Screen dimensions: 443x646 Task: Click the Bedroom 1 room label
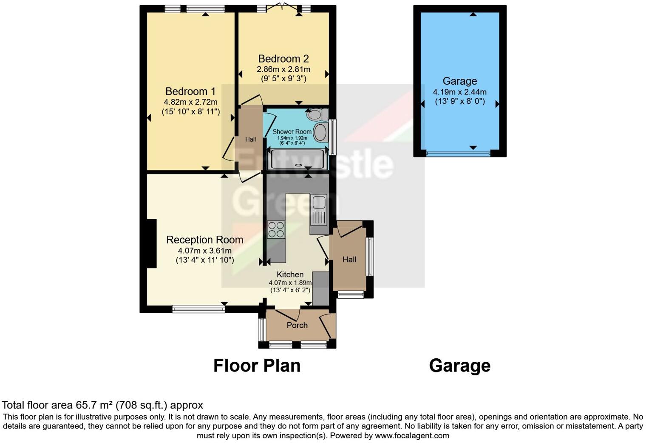[x=190, y=91]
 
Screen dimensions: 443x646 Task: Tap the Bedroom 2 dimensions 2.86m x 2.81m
[x=283, y=69]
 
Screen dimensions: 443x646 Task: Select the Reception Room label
[x=204, y=240]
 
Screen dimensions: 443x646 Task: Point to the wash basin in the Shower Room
[x=320, y=132]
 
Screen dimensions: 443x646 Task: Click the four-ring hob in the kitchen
[x=276, y=230]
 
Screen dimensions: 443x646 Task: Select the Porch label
[x=297, y=325]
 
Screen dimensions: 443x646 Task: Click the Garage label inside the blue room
[x=459, y=81]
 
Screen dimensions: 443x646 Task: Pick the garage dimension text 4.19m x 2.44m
[x=459, y=91]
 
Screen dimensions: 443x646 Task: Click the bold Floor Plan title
[x=257, y=366]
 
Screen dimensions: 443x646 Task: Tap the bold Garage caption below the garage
[x=459, y=366]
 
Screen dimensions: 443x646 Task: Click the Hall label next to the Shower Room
[x=250, y=139]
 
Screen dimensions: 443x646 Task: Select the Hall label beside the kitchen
[x=349, y=259]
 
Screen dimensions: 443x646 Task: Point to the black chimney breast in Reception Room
[x=151, y=243]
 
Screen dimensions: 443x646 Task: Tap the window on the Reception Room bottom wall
[x=198, y=309]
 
